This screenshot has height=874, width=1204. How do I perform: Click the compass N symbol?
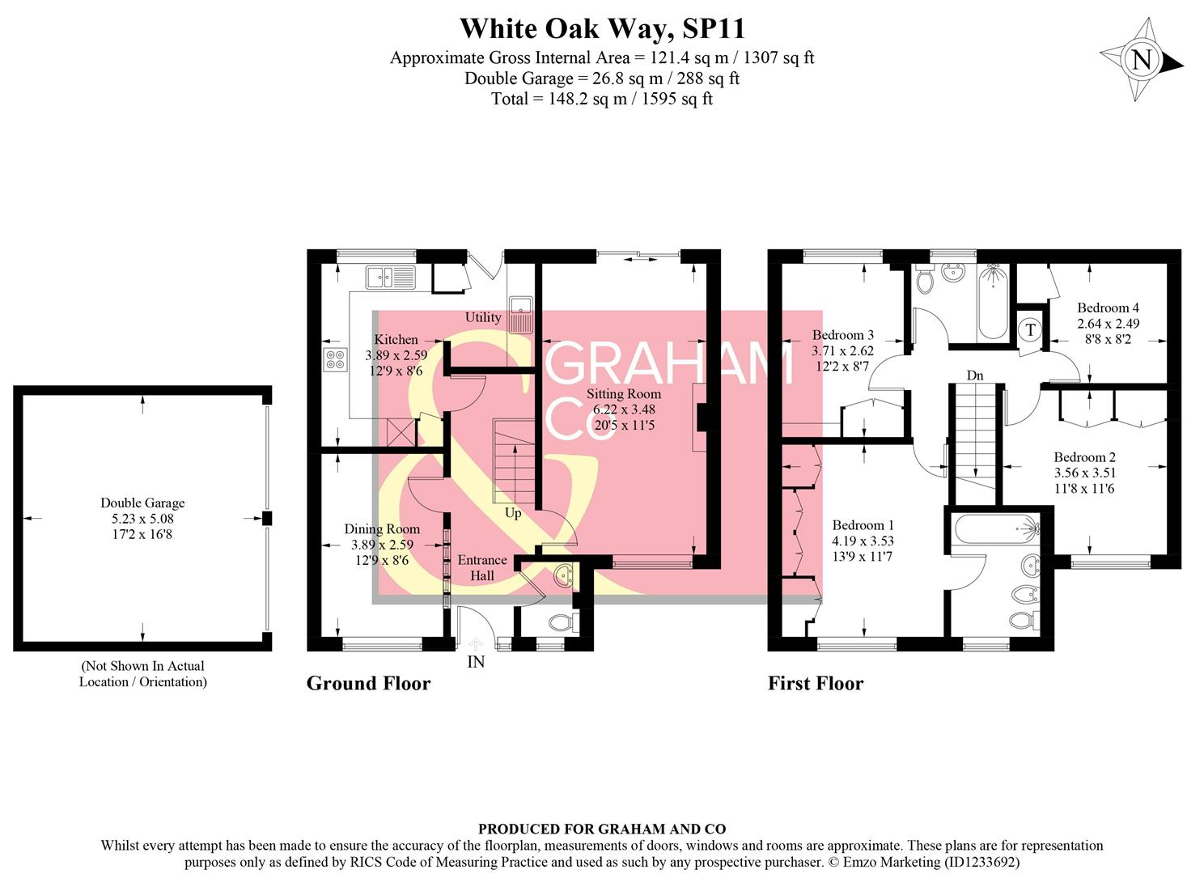pyautogui.click(x=1141, y=60)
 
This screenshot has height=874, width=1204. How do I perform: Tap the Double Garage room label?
pyautogui.click(x=142, y=503)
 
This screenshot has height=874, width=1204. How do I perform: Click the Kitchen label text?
pyautogui.click(x=396, y=340)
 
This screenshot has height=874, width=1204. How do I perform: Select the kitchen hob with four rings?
pyautogui.click(x=335, y=359)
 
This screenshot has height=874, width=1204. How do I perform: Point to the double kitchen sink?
pyautogui.click(x=390, y=277)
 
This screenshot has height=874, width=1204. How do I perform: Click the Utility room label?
pyautogui.click(x=483, y=317)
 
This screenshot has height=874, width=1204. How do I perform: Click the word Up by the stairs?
pyautogui.click(x=513, y=513)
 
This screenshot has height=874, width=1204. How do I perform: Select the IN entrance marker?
pyautogui.click(x=476, y=662)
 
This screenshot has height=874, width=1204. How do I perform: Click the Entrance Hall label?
pyautogui.click(x=482, y=567)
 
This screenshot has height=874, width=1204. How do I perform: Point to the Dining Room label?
pyautogui.click(x=382, y=529)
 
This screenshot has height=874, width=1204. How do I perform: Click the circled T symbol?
pyautogui.click(x=1030, y=329)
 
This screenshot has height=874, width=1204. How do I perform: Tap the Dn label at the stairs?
pyautogui.click(x=975, y=375)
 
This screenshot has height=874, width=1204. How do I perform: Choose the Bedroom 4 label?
pyautogui.click(x=1108, y=308)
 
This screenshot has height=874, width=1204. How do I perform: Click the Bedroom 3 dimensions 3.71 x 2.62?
pyautogui.click(x=842, y=350)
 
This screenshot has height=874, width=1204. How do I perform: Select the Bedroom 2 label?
pyautogui.click(x=1084, y=457)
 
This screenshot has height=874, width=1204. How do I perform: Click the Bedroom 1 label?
pyautogui.click(x=863, y=524)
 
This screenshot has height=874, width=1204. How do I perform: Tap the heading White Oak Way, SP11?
pyautogui.click(x=602, y=29)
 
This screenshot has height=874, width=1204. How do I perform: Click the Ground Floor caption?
pyautogui.click(x=368, y=684)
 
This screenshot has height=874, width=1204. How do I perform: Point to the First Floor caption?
pyautogui.click(x=815, y=684)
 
